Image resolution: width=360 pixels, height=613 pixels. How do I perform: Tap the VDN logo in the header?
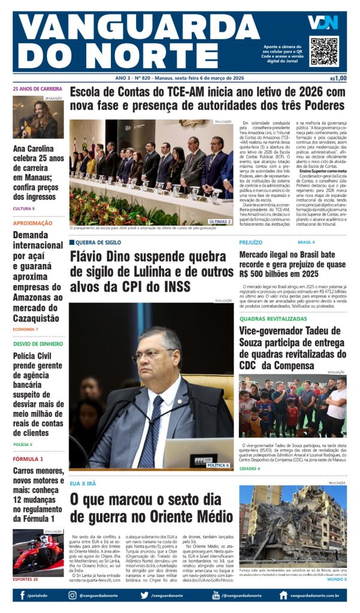(x=323, y=22)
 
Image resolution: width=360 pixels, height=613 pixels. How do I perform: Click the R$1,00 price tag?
(x=338, y=78)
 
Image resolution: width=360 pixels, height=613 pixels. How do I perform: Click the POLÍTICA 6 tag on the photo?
(x=217, y=465)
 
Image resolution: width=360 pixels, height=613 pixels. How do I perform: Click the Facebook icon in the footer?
(x=22, y=595)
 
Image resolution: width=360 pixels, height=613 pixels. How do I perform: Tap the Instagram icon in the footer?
(x=72, y=595)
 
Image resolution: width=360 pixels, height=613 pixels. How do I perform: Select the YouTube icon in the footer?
(x=216, y=595)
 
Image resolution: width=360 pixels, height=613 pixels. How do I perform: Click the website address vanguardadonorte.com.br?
(x=314, y=596)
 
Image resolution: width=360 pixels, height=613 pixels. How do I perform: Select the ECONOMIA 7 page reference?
(x=25, y=329)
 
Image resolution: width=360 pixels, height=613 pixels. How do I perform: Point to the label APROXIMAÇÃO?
(x=32, y=223)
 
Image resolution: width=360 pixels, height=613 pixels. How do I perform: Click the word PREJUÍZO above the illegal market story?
(x=250, y=242)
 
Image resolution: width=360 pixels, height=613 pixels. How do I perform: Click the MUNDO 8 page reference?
(x=337, y=579)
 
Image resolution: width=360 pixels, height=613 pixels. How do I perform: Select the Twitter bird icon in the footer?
(x=144, y=595)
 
